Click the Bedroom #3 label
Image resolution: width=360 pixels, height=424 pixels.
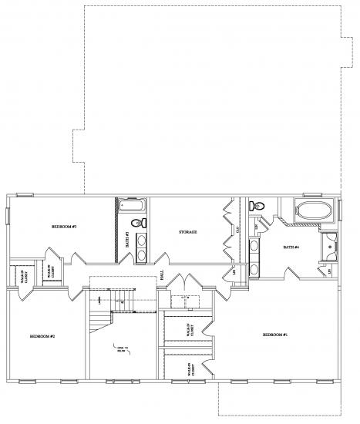click(x=63, y=227)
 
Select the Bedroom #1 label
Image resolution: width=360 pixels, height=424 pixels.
click(x=274, y=335)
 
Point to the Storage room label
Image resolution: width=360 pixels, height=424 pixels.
click(x=188, y=231)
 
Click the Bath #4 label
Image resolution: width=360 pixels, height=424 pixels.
click(x=291, y=247)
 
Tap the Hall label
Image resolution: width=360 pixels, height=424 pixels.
click(x=162, y=274)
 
